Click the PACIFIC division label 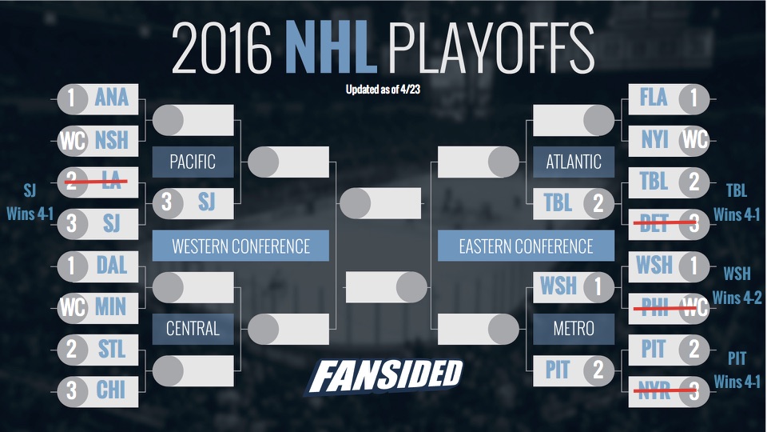click(x=193, y=162)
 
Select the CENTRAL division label click(x=193, y=327)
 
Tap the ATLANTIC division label click(x=573, y=162)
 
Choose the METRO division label click(x=573, y=327)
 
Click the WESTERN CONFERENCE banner click(x=240, y=246)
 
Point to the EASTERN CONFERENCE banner click(x=525, y=246)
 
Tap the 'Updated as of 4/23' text click(x=383, y=90)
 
